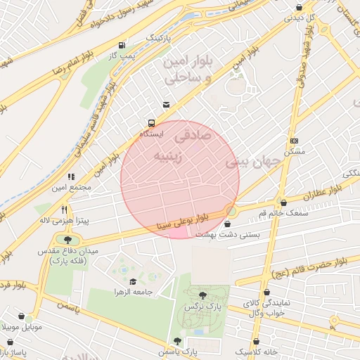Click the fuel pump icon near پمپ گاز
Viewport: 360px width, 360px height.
point(124,44)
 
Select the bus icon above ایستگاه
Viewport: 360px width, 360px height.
point(151,123)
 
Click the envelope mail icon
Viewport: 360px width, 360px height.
point(166,105)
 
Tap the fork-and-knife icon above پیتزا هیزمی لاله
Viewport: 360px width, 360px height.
point(64,210)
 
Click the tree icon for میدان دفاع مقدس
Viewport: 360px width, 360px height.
point(67,240)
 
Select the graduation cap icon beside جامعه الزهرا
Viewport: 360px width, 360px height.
point(133,281)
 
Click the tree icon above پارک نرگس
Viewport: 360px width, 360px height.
point(203,296)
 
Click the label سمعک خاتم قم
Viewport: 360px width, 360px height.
point(264,212)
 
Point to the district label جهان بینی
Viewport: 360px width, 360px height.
point(253,161)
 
